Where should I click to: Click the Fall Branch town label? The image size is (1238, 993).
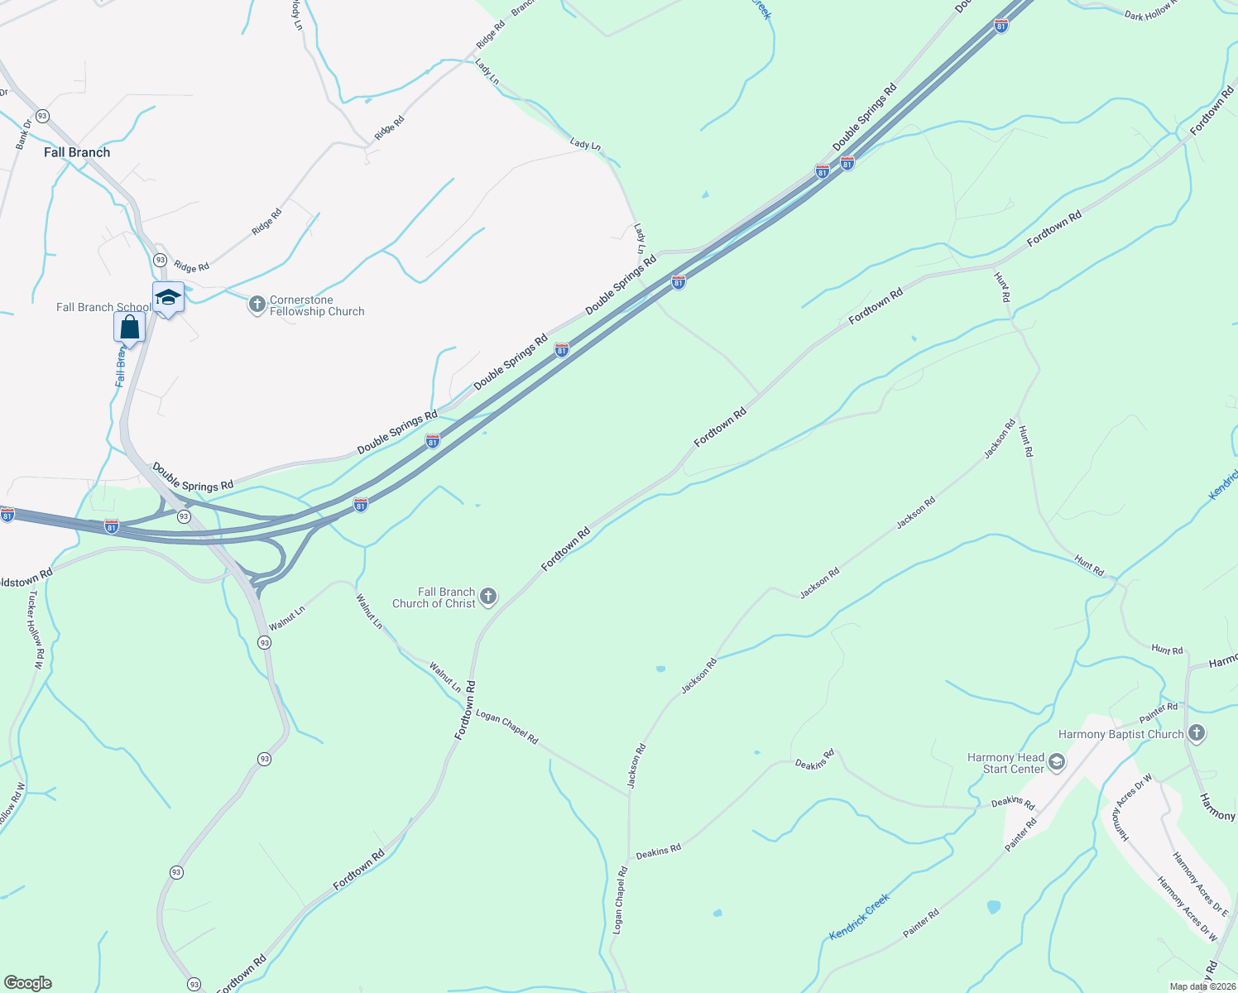coord(77,152)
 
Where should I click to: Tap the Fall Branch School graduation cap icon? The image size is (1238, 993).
coord(168,297)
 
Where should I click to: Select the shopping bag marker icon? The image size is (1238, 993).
coord(130,327)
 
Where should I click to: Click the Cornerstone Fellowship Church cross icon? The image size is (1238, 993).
coord(257,305)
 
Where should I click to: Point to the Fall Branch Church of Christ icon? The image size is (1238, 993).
coord(488,597)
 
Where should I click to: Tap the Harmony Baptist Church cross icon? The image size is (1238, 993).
coord(1196,733)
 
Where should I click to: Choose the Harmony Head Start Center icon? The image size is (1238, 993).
coord(1057,762)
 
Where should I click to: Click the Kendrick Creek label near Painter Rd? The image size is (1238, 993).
coord(859,916)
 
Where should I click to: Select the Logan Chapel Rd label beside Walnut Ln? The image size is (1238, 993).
coord(507,727)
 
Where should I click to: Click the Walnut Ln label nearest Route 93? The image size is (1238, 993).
coord(287,617)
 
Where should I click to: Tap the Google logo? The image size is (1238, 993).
coord(27,983)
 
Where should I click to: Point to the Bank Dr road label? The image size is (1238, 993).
coord(23,135)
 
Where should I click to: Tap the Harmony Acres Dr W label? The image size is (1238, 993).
coord(1188,909)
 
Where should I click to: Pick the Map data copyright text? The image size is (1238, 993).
coord(1202,986)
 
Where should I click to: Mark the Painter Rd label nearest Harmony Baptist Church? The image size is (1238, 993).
coord(1158,712)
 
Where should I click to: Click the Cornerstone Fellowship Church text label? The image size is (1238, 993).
coord(317,305)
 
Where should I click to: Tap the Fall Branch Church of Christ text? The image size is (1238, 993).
coord(434,597)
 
